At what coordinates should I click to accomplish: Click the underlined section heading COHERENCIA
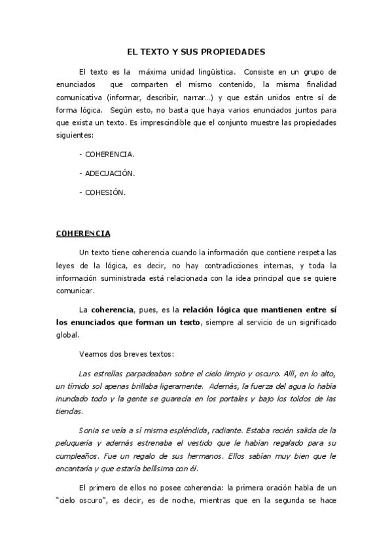83,233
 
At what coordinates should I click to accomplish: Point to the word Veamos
93,354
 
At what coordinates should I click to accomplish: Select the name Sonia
88,431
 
